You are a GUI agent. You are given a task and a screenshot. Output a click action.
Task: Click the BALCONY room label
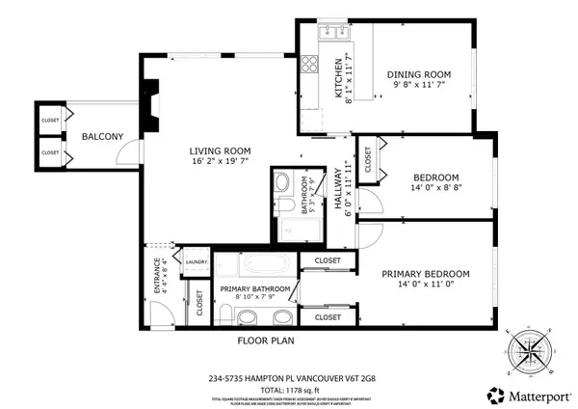[x=101, y=137]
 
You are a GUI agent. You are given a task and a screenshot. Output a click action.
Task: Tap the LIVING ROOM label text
[x=220, y=150]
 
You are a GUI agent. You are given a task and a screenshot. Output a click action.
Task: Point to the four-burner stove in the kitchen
[x=311, y=66]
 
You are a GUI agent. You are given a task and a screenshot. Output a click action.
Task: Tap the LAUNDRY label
[x=197, y=261]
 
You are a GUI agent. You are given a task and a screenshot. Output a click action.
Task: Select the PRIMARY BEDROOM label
[x=425, y=273]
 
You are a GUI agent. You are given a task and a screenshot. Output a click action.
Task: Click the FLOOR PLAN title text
[x=266, y=340]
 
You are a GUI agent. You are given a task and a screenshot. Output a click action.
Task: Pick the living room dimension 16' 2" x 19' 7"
[x=220, y=162]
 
